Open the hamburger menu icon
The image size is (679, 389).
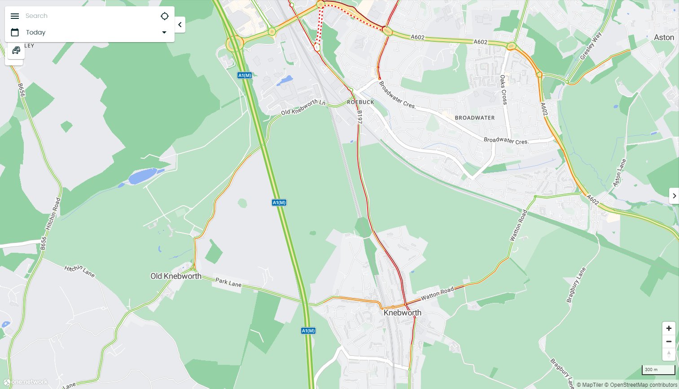(x=15, y=16)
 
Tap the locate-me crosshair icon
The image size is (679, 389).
(x=165, y=16)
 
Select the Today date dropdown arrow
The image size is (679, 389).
(x=164, y=32)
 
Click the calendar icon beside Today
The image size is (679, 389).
(x=15, y=32)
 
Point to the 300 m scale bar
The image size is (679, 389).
(x=658, y=370)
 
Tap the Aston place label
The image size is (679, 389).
(x=664, y=38)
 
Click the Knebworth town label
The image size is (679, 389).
(x=402, y=313)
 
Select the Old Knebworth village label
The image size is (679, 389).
(x=176, y=276)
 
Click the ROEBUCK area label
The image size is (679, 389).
(x=360, y=102)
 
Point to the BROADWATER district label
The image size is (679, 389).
(x=475, y=118)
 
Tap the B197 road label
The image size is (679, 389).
(x=359, y=117)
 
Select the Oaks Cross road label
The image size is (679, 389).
(x=504, y=90)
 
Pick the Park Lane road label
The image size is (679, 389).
(x=228, y=282)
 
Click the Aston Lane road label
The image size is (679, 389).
(x=619, y=173)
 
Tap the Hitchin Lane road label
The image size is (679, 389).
(x=79, y=270)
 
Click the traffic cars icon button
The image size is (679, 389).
(x=16, y=50)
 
